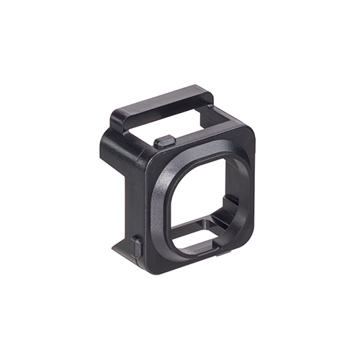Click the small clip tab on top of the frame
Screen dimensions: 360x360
click(x=164, y=140)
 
